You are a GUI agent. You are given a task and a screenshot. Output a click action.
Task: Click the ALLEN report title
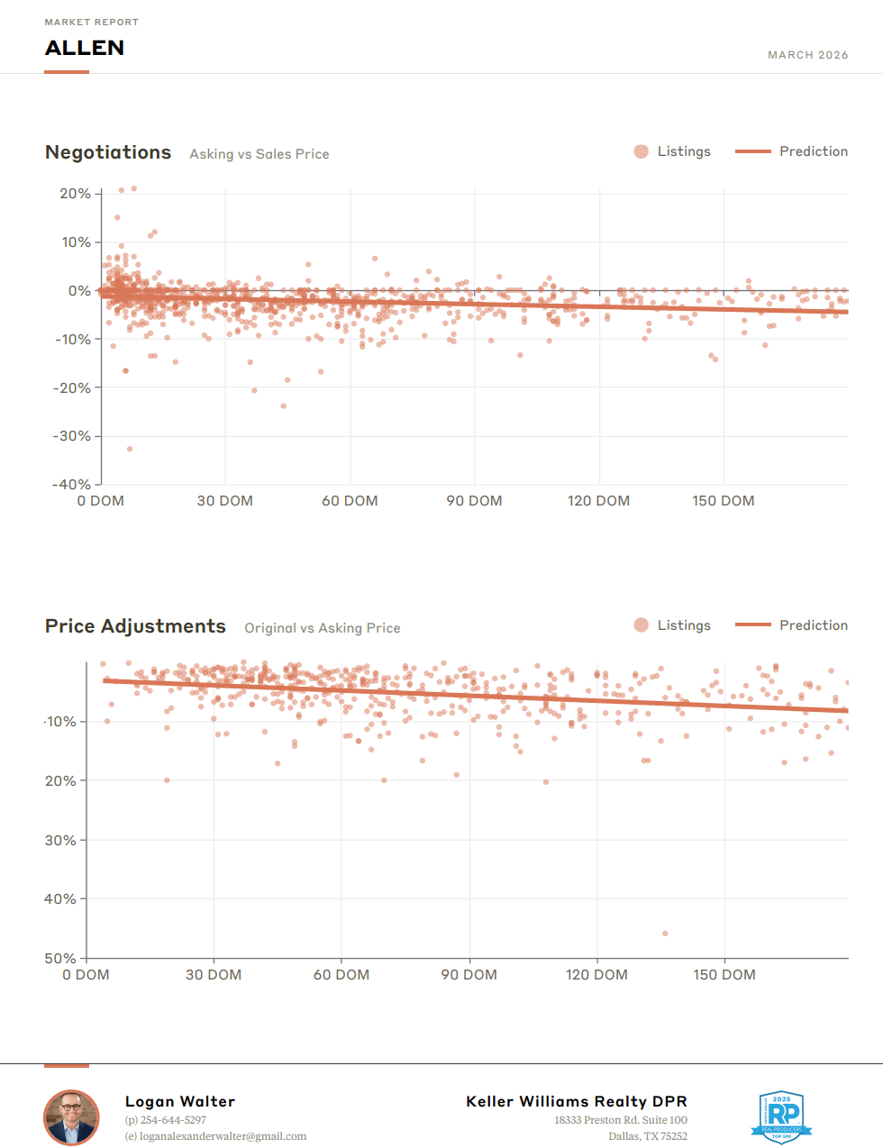[85, 48]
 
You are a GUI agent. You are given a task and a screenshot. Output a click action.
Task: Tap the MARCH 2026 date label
[807, 55]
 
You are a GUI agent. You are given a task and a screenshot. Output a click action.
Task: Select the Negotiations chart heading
[108, 152]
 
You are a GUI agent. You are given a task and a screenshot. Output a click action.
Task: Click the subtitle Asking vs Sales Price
[259, 154]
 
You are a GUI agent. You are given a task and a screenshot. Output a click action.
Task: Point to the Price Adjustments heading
[135, 626]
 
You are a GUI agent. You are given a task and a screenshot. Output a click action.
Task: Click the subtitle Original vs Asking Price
[323, 628]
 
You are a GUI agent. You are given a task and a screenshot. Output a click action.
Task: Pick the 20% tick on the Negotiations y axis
[76, 194]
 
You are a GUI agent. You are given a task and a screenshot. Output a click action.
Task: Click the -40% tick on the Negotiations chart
[72, 484]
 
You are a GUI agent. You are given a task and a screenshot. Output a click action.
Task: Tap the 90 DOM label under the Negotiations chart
[474, 501]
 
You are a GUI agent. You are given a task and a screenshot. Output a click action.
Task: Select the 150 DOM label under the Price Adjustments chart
[724, 975]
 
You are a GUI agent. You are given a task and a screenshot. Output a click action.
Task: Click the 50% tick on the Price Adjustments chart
[61, 958]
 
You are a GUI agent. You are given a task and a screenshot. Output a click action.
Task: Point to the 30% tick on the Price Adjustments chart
[61, 840]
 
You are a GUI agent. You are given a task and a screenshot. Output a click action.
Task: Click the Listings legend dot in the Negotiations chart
[641, 151]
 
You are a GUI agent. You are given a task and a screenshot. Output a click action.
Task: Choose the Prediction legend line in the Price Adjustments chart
[753, 625]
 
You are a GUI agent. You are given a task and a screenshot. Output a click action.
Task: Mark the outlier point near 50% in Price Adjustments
[665, 934]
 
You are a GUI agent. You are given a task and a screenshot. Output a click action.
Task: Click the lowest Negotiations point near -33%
[130, 449]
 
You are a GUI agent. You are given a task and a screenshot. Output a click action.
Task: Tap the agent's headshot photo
[71, 1117]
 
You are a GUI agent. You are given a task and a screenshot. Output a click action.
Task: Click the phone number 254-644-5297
[173, 1120]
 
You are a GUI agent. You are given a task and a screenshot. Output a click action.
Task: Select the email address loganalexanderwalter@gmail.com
[223, 1136]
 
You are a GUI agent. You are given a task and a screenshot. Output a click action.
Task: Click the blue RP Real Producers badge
[781, 1116]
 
